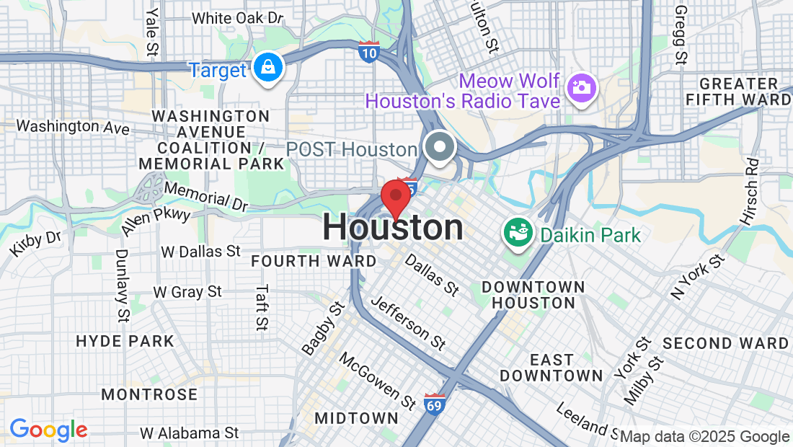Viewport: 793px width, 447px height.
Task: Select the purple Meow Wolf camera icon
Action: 581,88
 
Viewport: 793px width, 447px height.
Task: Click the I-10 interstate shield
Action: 368,52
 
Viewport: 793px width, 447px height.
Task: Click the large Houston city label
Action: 393,228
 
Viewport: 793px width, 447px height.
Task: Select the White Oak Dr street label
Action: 237,17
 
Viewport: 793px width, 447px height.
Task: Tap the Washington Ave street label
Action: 73,127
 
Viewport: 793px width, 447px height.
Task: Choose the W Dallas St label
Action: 200,252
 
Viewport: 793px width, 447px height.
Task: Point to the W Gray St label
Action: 187,292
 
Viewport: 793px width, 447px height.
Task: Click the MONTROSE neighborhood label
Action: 149,394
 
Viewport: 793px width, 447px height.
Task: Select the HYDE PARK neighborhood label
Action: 125,341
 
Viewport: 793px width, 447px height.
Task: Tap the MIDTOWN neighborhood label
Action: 356,418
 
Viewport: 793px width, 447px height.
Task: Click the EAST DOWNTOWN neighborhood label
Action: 551,368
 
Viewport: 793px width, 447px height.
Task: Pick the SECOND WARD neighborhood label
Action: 725,343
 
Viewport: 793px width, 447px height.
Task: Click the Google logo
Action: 48,430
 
